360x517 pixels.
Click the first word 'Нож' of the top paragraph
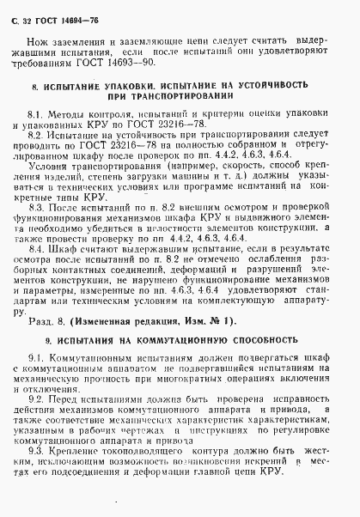click(x=35, y=41)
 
